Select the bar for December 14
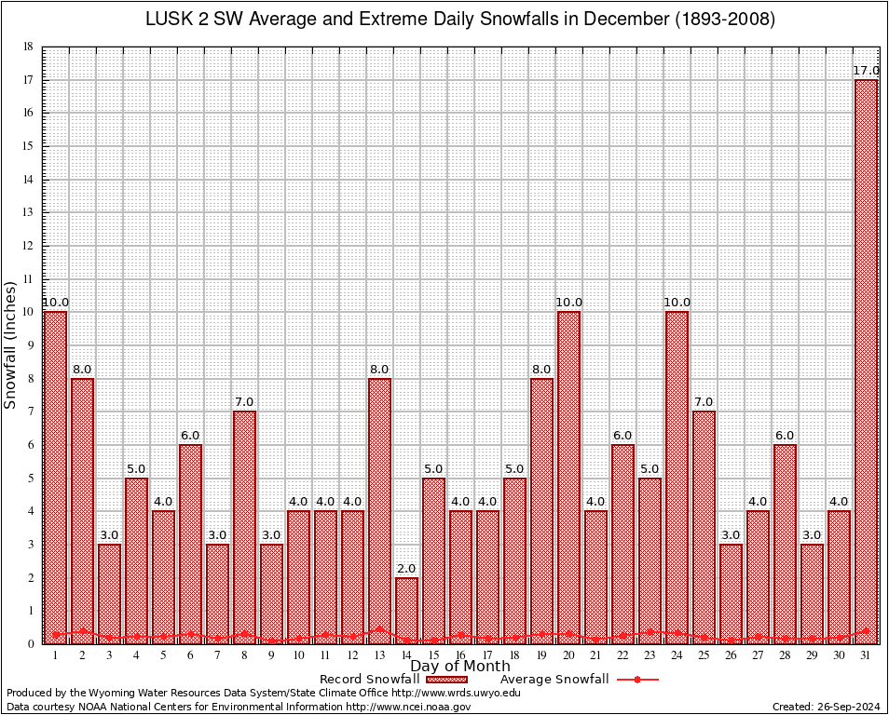[406, 610]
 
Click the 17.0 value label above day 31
[866, 71]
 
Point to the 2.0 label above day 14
[406, 569]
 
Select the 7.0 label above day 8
[244, 402]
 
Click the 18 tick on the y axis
[29, 47]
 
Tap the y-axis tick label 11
[29, 278]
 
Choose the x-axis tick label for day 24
[677, 655]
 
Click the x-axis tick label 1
[56, 655]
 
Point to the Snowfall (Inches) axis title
[10, 344]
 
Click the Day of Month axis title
[460, 667]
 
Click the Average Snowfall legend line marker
[637, 680]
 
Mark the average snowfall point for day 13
[379, 629]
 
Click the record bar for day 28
[785, 544]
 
